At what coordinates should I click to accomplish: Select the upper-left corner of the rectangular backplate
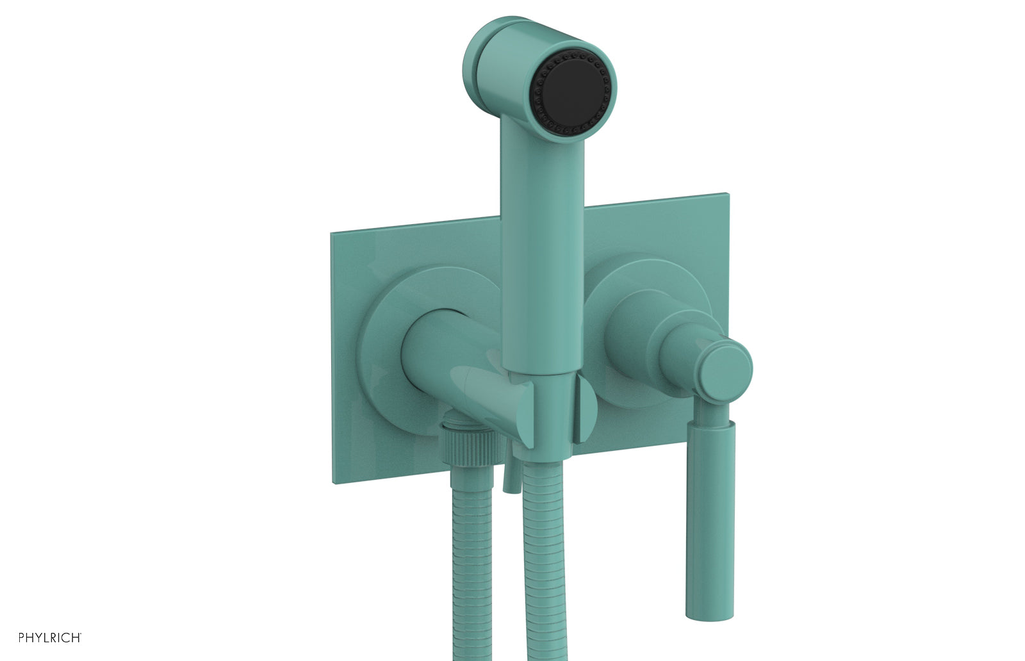pos(334,236)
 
